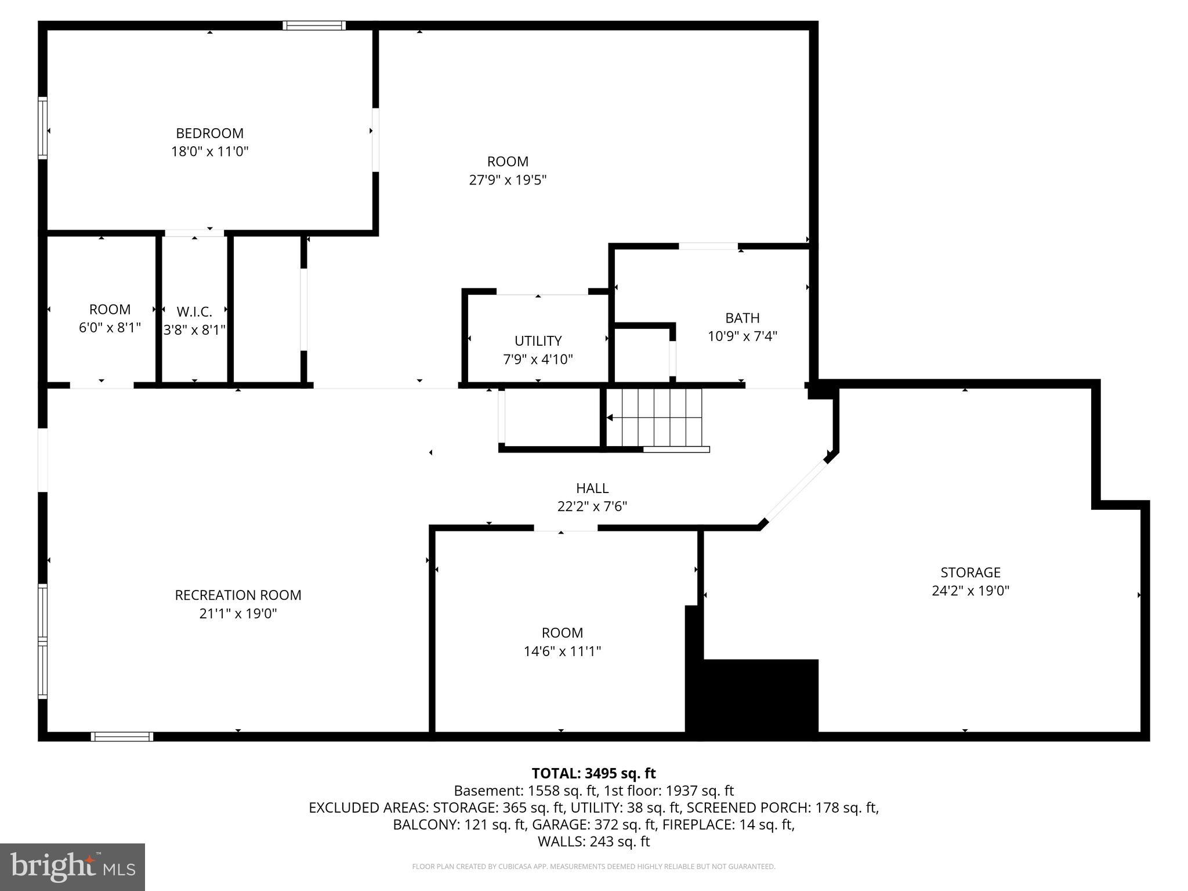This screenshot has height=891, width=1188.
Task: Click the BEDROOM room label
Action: coord(209,133)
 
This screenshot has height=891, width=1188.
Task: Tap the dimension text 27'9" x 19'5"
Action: coord(508,180)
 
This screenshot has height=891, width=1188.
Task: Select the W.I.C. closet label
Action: coord(194,312)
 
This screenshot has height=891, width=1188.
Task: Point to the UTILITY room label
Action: coord(538,341)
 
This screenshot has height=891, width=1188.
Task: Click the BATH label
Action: coord(742,318)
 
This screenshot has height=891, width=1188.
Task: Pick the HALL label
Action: coord(592,488)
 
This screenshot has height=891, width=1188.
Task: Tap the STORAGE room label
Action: coord(970,573)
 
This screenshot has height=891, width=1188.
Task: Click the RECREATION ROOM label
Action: coord(238,595)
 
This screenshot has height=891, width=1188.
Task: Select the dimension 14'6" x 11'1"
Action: coord(562,651)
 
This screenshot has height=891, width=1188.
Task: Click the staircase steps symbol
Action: coord(661,418)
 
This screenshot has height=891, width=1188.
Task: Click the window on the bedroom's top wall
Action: coord(314,26)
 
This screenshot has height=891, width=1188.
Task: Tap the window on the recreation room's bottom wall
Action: coord(122,737)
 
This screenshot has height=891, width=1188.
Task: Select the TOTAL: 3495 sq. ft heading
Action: coord(593,773)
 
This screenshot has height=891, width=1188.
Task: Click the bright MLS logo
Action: coord(73,867)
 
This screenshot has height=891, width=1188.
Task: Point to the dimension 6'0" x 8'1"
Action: coord(110,328)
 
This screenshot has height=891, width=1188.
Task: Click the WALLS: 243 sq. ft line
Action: coord(593,841)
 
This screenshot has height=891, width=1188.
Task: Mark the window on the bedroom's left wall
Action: coord(42,128)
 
